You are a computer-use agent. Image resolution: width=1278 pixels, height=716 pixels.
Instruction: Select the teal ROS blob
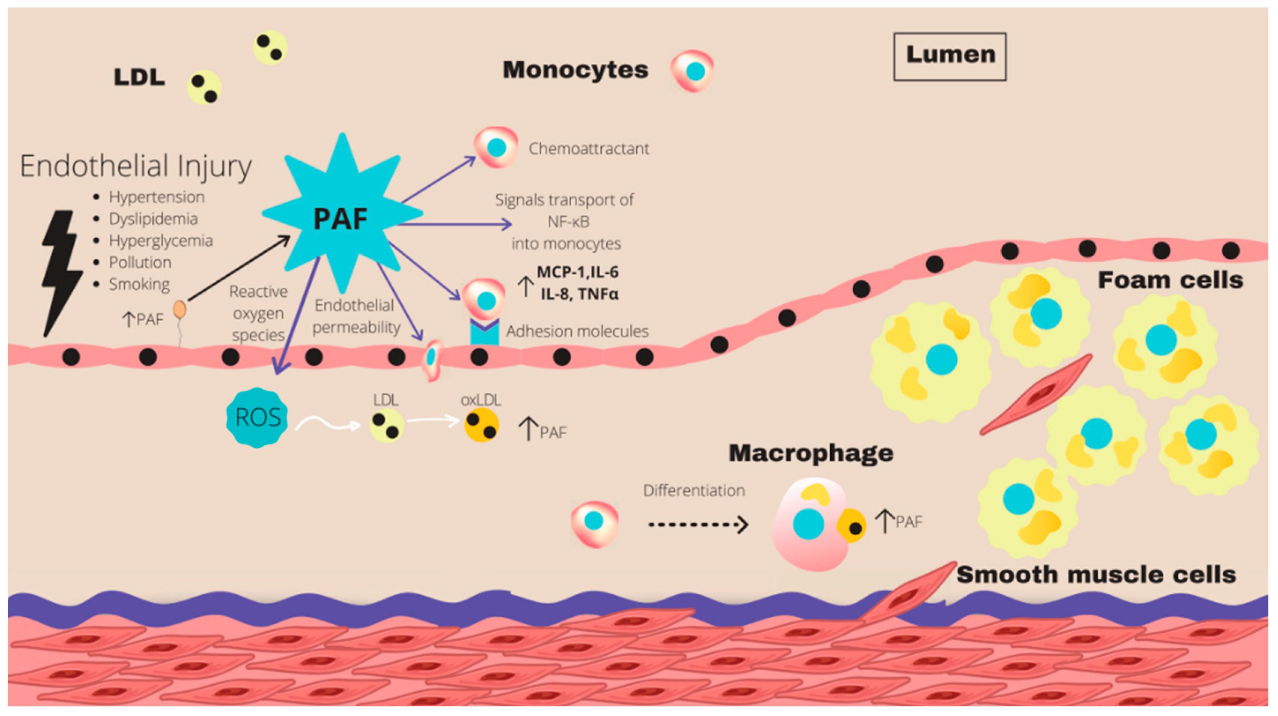click(x=257, y=417)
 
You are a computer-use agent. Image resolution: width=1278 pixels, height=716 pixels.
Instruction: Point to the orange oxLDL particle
click(x=481, y=425)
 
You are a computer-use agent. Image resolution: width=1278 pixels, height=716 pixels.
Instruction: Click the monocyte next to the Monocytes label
click(x=693, y=71)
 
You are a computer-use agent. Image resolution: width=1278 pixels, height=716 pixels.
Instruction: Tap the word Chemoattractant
click(x=588, y=148)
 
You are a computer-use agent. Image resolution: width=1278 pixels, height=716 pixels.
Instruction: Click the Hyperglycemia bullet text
click(x=161, y=241)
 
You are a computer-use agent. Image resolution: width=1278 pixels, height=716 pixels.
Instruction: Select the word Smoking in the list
click(x=139, y=284)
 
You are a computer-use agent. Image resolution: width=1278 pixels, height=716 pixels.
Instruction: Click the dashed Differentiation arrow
click(x=697, y=524)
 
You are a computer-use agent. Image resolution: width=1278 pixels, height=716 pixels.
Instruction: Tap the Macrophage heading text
click(x=811, y=453)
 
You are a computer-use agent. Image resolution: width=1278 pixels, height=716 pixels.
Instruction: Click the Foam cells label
click(x=1170, y=280)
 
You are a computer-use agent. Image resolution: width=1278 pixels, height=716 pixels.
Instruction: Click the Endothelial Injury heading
click(x=136, y=166)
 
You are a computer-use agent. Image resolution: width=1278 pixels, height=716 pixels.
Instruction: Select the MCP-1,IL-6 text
click(x=578, y=272)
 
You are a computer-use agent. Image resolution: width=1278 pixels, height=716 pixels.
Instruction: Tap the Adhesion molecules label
click(x=577, y=331)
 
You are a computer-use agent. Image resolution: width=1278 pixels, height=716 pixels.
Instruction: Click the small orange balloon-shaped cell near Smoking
click(x=180, y=310)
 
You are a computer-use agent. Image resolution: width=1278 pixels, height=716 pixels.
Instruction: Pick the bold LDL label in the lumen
click(x=139, y=77)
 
